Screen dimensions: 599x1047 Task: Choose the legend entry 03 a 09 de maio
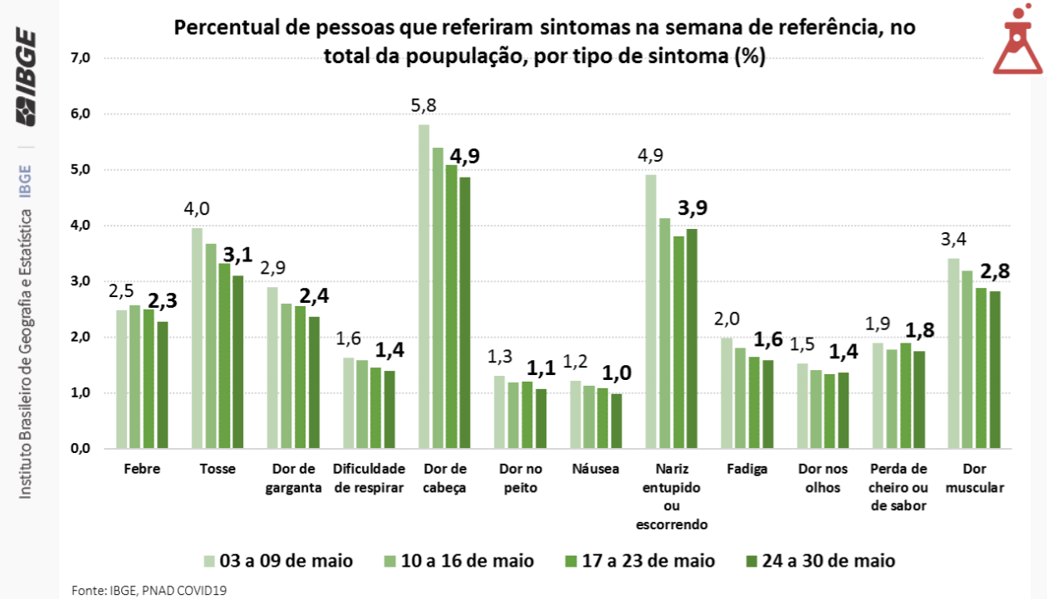tap(278, 561)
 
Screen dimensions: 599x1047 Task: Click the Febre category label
tap(141, 469)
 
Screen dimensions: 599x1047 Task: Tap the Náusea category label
tap(595, 469)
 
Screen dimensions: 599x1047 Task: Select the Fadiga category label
tap(746, 469)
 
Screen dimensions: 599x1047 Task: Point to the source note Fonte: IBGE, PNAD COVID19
tap(149, 590)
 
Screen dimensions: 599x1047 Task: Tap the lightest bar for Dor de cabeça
tap(424, 286)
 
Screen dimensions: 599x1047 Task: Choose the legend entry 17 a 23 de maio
tap(640, 561)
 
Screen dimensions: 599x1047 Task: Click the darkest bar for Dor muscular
tap(996, 369)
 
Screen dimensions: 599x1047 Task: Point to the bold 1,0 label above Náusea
tap(615, 373)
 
